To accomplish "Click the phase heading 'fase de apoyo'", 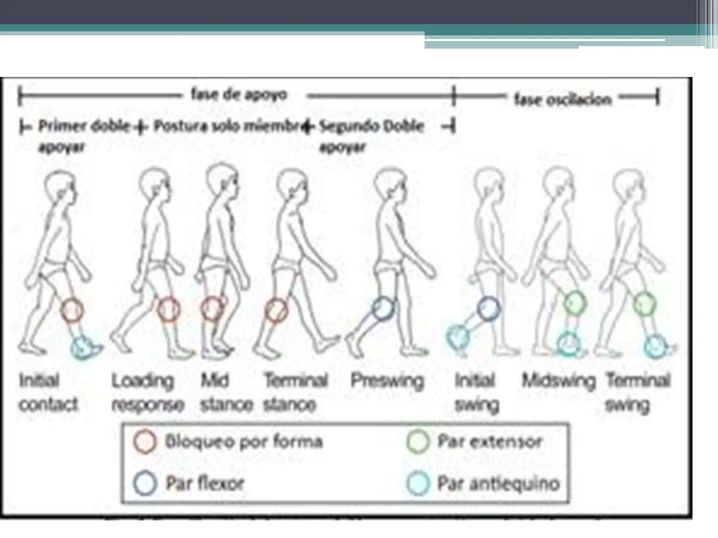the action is point(239,95).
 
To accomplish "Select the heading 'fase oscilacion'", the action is point(563,100).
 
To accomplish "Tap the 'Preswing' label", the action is point(387,381).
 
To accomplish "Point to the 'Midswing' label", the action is point(559,381).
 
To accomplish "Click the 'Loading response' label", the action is point(148,393).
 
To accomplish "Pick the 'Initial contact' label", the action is point(48,392).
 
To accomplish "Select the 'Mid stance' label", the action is point(226,392).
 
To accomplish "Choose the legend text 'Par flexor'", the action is point(205,483).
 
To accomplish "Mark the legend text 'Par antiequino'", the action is point(498,484).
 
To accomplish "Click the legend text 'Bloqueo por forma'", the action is point(244,442).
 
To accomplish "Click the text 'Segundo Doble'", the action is point(372,126).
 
